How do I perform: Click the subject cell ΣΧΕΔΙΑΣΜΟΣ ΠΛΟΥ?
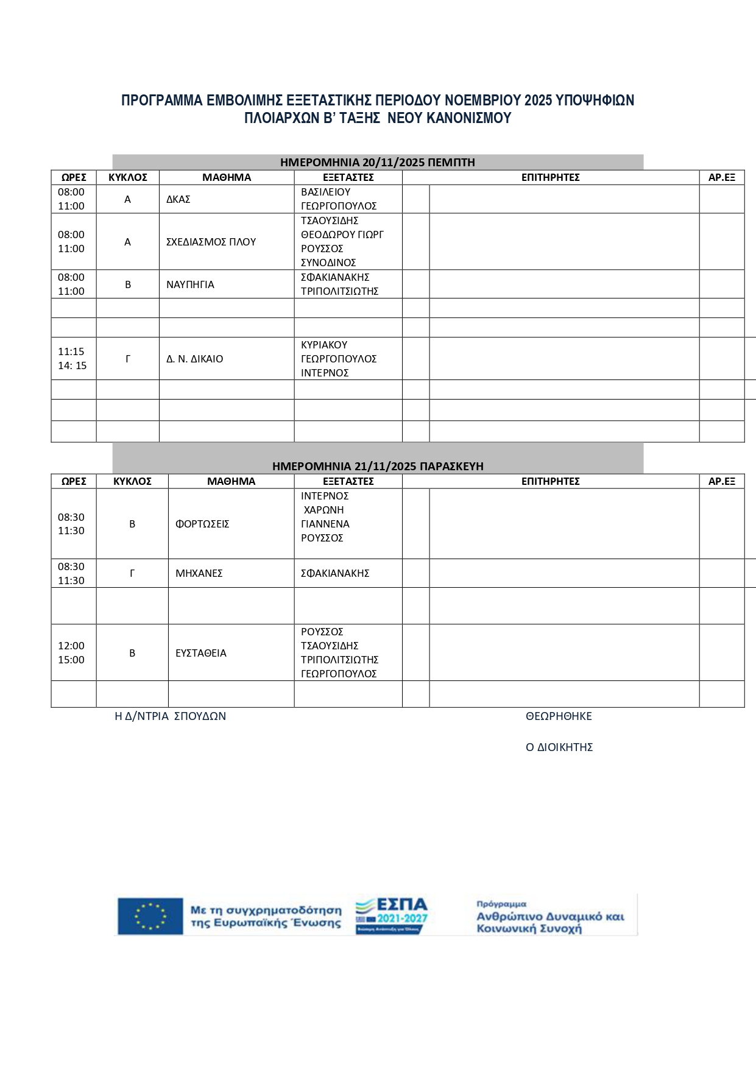(x=211, y=242)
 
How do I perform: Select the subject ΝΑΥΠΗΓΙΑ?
(x=190, y=284)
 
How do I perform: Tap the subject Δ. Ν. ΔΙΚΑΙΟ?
(x=194, y=359)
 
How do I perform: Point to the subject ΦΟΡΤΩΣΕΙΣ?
(x=202, y=524)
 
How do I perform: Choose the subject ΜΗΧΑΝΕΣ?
(x=199, y=573)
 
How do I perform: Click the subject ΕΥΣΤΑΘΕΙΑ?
(x=200, y=653)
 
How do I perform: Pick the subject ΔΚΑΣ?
(x=178, y=199)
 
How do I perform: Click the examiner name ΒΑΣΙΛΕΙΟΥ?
(x=325, y=192)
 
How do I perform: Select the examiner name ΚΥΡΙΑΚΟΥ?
(x=324, y=345)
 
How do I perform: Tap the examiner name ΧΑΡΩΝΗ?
(x=323, y=510)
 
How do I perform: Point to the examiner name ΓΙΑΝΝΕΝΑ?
(x=325, y=524)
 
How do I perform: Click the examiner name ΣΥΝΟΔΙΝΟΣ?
(x=328, y=263)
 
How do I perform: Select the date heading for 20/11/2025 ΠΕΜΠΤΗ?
(x=377, y=162)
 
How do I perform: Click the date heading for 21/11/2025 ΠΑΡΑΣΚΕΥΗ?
(x=378, y=466)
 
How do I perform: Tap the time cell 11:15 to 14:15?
(x=72, y=359)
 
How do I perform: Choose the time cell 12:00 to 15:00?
(x=71, y=653)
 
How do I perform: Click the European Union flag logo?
(x=150, y=916)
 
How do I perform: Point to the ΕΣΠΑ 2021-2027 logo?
(x=391, y=916)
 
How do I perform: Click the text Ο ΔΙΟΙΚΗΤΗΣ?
(x=559, y=747)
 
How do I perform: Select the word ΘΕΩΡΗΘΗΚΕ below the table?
(x=559, y=716)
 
